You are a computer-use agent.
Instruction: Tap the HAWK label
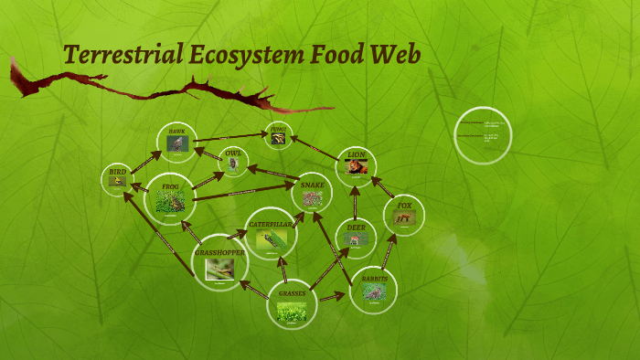(176, 132)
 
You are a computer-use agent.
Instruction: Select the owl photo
(234, 164)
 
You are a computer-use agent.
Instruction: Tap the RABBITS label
(374, 278)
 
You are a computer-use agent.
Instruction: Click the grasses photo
(292, 312)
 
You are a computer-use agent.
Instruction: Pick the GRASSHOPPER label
(220, 251)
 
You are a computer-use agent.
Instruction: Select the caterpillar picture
(271, 239)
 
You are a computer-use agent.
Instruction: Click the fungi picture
(278, 139)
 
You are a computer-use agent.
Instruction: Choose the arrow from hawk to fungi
(229, 138)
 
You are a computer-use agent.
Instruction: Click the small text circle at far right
(484, 137)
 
